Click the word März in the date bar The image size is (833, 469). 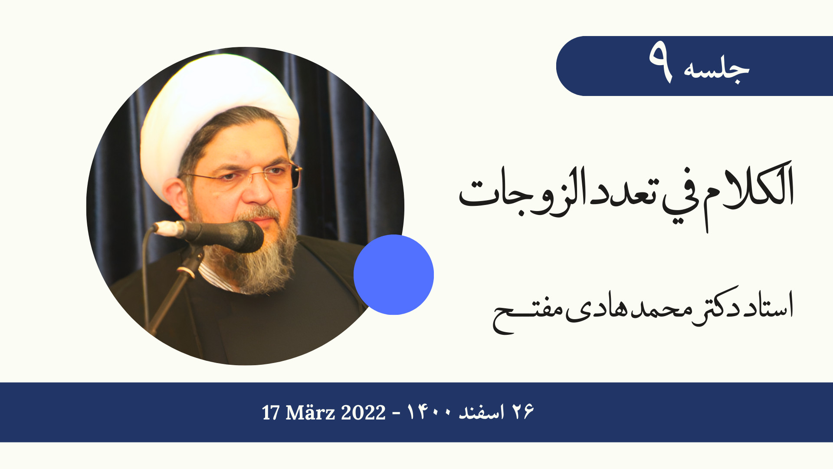310,412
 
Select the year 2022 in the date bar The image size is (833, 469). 363,413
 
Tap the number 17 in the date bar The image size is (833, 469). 271,413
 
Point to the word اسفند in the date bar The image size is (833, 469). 482,412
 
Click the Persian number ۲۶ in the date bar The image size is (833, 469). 523,412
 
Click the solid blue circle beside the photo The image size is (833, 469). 394,274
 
